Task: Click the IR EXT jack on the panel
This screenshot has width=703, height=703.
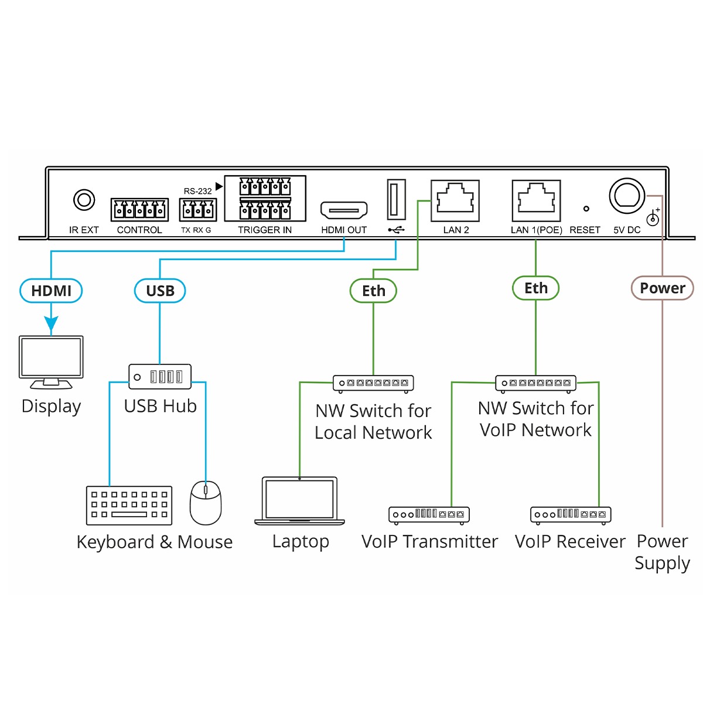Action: coord(84,200)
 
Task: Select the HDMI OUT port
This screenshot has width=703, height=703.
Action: coord(344,210)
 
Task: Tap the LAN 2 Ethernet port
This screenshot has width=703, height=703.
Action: coord(455,200)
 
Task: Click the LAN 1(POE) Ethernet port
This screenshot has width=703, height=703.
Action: coord(536,200)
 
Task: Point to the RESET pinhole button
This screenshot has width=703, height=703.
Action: coord(586,209)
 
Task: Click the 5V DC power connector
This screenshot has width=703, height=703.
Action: coord(627,197)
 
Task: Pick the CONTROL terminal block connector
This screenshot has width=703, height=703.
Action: coord(139,209)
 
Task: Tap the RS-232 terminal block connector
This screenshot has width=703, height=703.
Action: coord(197,209)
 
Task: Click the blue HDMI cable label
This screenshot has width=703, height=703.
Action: coord(51,291)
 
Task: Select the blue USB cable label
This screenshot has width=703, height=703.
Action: coord(160,291)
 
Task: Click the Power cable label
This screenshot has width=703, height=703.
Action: coord(662,288)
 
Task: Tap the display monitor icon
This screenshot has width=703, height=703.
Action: coord(51,361)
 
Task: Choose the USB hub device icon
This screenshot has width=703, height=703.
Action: coord(160,376)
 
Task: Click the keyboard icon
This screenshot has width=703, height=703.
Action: coord(129,506)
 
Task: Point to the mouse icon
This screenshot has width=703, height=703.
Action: coord(206,502)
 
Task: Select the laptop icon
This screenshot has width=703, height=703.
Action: coord(300,500)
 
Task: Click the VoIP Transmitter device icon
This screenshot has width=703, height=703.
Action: coord(429,514)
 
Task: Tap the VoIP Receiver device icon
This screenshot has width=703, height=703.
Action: coord(571,514)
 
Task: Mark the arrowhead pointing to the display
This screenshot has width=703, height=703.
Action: coord(51,324)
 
